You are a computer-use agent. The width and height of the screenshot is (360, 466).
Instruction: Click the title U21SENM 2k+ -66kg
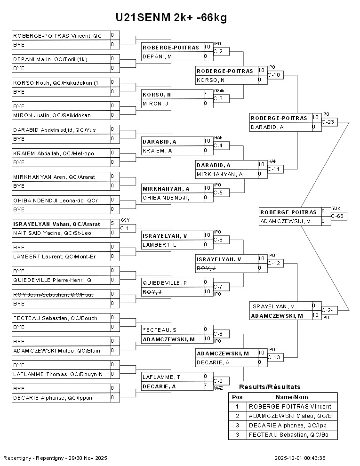[171, 17]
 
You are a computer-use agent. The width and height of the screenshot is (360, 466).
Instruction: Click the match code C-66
[338, 216]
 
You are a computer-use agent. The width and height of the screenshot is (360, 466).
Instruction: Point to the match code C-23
[329, 122]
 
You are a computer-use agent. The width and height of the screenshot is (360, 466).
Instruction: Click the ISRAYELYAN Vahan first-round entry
[56, 224]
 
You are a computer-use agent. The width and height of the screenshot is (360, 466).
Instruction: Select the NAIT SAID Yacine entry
[52, 233]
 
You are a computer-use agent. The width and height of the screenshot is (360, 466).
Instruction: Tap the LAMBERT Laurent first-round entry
[54, 257]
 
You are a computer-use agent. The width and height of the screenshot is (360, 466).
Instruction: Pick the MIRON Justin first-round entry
[52, 115]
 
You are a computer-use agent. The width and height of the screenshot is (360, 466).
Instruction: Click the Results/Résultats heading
[270, 387]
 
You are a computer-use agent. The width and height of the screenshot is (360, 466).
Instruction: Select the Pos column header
[237, 397]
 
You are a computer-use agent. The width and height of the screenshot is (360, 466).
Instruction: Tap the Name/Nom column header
[295, 397]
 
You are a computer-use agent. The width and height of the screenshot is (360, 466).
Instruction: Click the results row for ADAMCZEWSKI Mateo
[291, 416]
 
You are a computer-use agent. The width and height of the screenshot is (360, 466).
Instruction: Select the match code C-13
[275, 357]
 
